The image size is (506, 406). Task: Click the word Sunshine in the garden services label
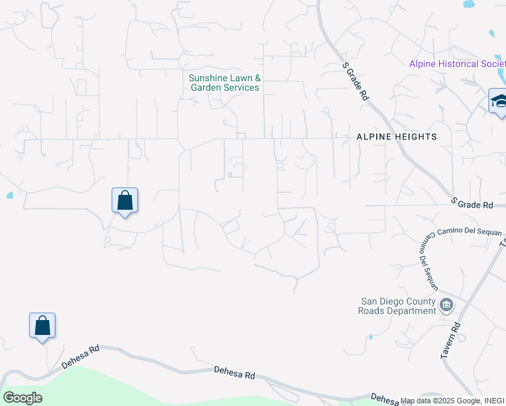click(207, 78)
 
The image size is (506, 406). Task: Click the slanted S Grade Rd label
click(355, 82)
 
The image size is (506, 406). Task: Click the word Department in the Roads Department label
click(408, 311)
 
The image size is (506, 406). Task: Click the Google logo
click(22, 398)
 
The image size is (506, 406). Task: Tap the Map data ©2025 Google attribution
click(432, 401)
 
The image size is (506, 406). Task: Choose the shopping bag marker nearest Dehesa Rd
click(42, 326)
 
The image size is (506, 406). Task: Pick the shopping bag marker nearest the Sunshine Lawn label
click(124, 201)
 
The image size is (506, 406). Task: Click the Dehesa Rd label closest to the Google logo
click(80, 357)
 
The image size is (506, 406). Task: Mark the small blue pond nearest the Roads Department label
click(371, 336)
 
